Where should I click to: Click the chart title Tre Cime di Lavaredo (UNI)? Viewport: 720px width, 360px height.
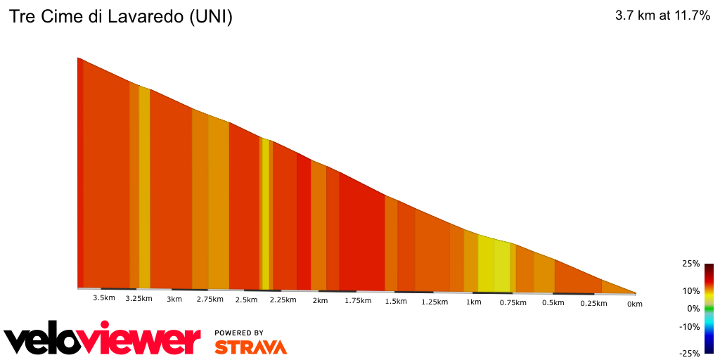(120, 17)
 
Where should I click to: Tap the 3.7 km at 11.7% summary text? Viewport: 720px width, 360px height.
(662, 15)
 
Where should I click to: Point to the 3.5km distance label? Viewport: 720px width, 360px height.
(103, 298)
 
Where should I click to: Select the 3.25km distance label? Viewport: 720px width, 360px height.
(139, 299)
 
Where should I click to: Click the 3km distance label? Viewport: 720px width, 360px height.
(174, 299)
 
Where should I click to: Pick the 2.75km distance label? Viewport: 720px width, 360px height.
(210, 300)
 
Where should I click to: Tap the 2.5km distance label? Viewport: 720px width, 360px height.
(246, 300)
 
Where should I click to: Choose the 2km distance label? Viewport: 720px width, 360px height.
(320, 301)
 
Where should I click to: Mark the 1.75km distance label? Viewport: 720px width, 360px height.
(357, 301)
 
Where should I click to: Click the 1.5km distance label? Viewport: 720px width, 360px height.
(396, 302)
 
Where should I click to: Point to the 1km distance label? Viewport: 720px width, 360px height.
(473, 302)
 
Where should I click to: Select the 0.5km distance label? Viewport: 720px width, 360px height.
(553, 303)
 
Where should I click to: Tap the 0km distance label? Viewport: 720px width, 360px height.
(634, 304)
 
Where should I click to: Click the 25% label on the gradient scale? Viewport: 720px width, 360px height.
(690, 264)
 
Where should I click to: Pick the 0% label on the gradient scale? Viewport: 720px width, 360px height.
(693, 308)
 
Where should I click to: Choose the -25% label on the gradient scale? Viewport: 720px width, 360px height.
(690, 353)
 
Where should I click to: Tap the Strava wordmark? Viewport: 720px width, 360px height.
(250, 347)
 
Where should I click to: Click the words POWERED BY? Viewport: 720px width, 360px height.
(239, 333)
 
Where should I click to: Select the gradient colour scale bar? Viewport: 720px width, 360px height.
(709, 308)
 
